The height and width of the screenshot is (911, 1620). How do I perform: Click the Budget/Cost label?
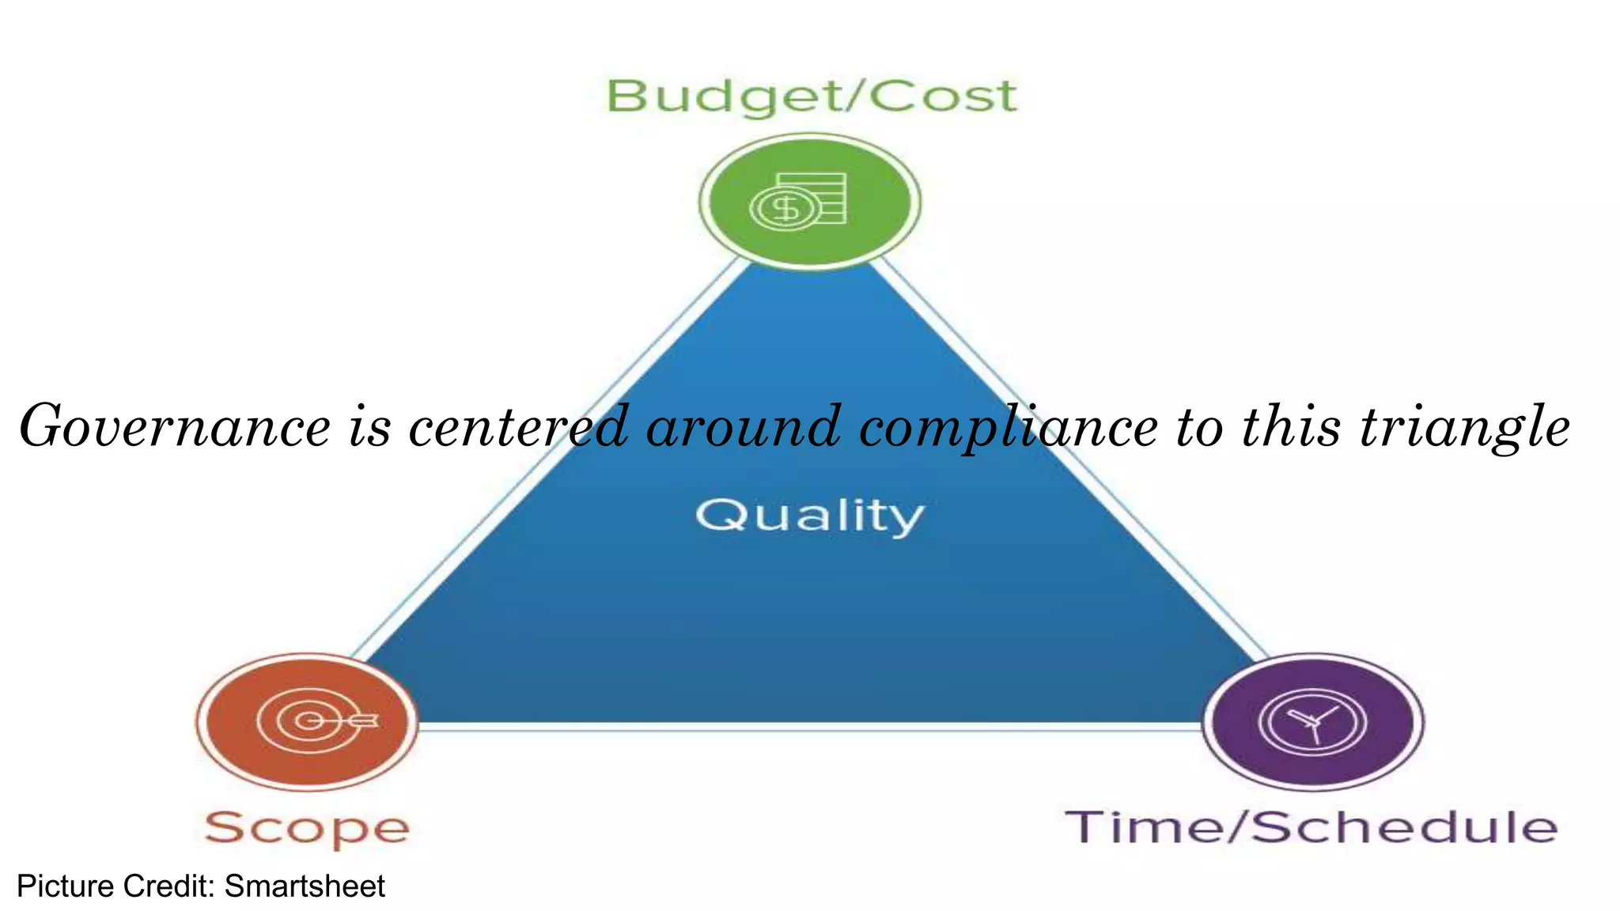(811, 97)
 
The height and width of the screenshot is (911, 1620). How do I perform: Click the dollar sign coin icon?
(785, 210)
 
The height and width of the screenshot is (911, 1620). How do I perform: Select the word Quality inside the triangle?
(810, 516)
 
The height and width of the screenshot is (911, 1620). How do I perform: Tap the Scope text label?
(307, 828)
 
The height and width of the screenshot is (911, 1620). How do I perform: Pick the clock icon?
(1312, 722)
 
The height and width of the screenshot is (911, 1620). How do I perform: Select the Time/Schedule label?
(1312, 827)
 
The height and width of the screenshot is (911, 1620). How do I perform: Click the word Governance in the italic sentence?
(175, 427)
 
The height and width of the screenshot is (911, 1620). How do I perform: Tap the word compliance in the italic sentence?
(1009, 427)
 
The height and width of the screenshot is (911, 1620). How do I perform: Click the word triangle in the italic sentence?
(1464, 427)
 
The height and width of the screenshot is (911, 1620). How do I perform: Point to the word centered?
(518, 427)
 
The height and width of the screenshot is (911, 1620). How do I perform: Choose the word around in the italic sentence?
(744, 427)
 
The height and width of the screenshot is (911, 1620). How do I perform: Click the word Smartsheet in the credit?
(305, 886)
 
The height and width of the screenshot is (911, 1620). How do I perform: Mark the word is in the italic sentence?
(370, 427)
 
